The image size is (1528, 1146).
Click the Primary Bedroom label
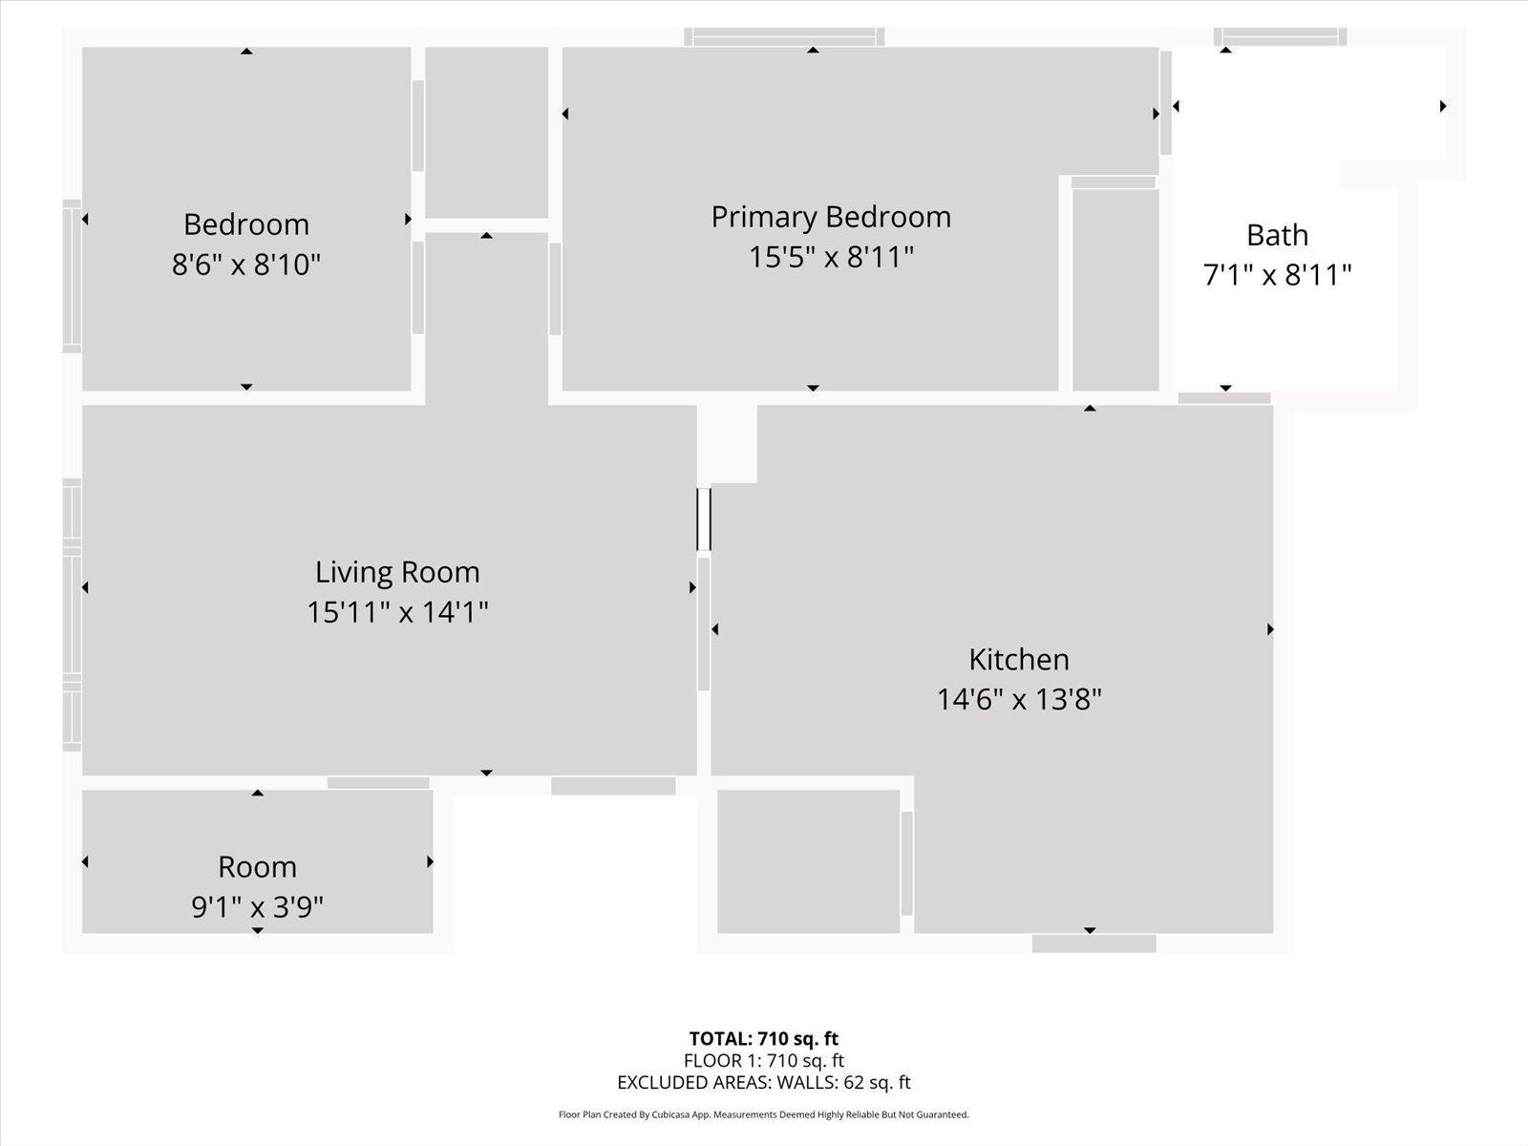pyautogui.click(x=831, y=217)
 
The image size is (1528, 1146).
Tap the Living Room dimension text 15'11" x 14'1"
pyautogui.click(x=397, y=612)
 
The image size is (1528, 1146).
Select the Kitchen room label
pyautogui.click(x=1019, y=659)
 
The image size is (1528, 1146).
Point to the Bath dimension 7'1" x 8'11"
pyautogui.click(x=1277, y=275)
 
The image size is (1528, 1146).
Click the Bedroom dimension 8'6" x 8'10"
pyautogui.click(x=246, y=264)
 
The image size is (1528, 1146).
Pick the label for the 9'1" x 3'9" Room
pyautogui.click(x=257, y=867)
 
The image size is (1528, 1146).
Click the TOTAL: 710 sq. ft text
pyautogui.click(x=764, y=1038)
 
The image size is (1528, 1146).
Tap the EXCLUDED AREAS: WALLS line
pyautogui.click(x=764, y=1082)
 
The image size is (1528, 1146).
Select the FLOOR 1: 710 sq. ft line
pyautogui.click(x=764, y=1060)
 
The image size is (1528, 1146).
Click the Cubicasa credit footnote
pyautogui.click(x=764, y=1114)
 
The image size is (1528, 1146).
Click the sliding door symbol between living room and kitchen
pyautogui.click(x=704, y=520)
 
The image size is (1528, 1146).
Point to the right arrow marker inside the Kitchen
pyautogui.click(x=1270, y=629)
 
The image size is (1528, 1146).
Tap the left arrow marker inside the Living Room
pyautogui.click(x=86, y=587)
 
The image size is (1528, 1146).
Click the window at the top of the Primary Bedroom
pyautogui.click(x=784, y=36)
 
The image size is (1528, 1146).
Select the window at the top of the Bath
pyautogui.click(x=1280, y=36)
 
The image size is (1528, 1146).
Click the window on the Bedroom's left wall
pyautogui.click(x=72, y=276)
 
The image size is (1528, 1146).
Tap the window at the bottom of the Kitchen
pyautogui.click(x=1093, y=944)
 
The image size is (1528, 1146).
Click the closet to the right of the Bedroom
pyautogui.click(x=486, y=133)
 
